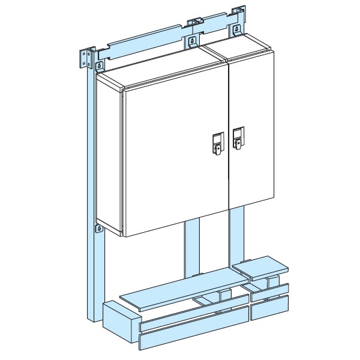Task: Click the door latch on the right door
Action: pyautogui.click(x=238, y=139)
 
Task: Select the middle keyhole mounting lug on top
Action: pyautogui.click(x=192, y=41)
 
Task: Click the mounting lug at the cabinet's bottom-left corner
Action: pyautogui.click(x=97, y=227)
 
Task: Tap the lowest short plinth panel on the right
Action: pyautogui.click(x=269, y=308)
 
